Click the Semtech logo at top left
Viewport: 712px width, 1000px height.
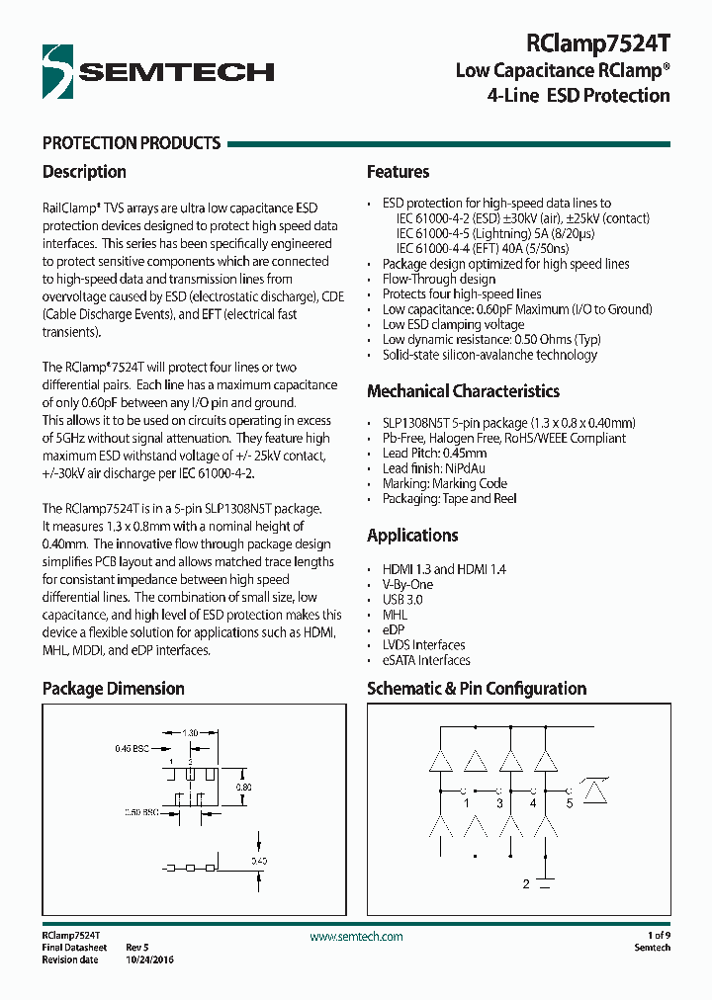[x=158, y=71]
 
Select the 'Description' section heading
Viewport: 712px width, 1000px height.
[x=84, y=172]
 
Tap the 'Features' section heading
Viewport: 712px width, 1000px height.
[x=398, y=172]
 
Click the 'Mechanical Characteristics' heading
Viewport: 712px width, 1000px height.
[x=463, y=391]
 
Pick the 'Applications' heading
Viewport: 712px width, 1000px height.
[x=412, y=536]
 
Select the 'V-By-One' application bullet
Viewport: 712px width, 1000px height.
[x=407, y=585]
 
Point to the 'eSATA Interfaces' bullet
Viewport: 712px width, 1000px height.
[x=426, y=660]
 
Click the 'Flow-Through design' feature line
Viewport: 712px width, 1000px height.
[x=439, y=280]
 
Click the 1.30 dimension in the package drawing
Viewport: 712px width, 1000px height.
[x=190, y=733]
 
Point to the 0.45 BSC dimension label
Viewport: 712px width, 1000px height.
[x=131, y=749]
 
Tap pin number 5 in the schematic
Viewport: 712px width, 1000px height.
[x=569, y=803]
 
